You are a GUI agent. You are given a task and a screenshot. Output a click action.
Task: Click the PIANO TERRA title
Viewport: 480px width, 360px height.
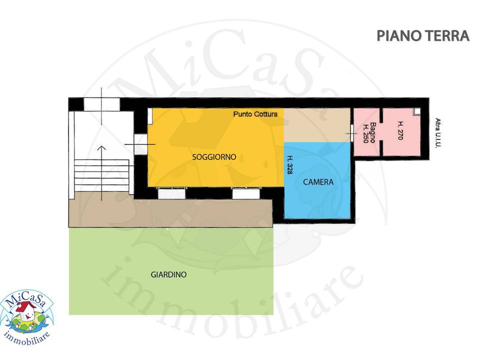pyautogui.click(x=423, y=36)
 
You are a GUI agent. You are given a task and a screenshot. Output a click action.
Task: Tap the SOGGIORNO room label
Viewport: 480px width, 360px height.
pyautogui.click(x=214, y=157)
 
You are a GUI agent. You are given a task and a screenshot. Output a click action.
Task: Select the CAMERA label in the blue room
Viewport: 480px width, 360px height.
pyautogui.click(x=318, y=182)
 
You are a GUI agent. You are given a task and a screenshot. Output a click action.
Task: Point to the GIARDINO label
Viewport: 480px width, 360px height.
pyautogui.click(x=168, y=274)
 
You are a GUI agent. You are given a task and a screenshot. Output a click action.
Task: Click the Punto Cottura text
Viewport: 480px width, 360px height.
pyautogui.click(x=255, y=114)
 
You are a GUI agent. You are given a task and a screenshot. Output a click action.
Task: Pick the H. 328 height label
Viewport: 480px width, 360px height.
pyautogui.click(x=289, y=165)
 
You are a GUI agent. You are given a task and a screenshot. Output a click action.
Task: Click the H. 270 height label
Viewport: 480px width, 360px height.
pyautogui.click(x=400, y=130)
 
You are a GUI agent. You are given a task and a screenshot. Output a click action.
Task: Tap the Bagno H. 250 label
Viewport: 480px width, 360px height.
pyautogui.click(x=369, y=133)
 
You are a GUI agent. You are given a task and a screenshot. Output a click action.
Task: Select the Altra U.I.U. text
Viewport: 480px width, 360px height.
pyautogui.click(x=438, y=133)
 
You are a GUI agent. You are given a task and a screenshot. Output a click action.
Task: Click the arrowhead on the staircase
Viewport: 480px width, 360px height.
pyautogui.click(x=101, y=148)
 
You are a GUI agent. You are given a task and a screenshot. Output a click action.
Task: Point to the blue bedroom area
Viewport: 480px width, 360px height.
pyautogui.click(x=317, y=180)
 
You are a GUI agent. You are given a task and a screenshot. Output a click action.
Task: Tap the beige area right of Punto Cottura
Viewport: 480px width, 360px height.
pyautogui.click(x=317, y=125)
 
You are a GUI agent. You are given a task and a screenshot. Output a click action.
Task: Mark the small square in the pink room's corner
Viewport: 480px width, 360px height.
pyautogui.click(x=416, y=111)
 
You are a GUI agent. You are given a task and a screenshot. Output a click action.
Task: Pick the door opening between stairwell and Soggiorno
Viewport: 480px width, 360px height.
pyautogui.click(x=141, y=144)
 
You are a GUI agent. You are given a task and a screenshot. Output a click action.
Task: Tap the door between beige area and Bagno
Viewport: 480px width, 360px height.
pyautogui.click(x=352, y=133)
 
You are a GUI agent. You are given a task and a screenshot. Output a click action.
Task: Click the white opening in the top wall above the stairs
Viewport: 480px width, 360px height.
pyautogui.click(x=101, y=104)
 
